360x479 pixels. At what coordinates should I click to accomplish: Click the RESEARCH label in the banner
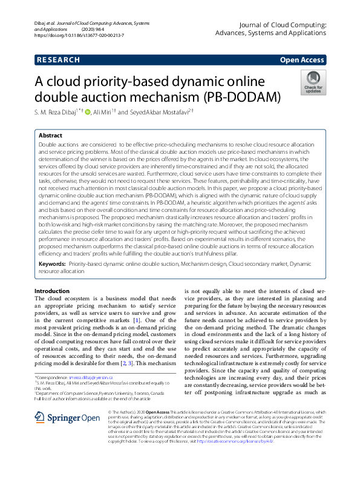coord(58,60)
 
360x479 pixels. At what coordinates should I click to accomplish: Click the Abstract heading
coord(50,136)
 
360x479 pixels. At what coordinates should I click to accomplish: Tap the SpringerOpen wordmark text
coord(74,417)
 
